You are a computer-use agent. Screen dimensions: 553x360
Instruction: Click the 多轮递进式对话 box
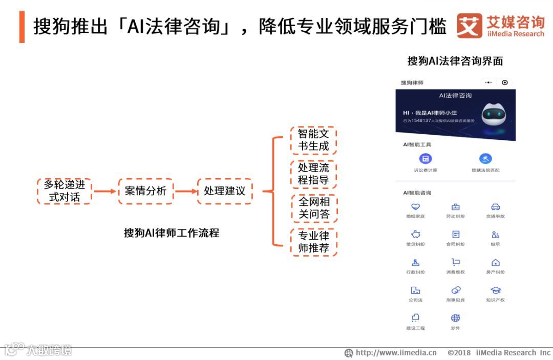[x=65, y=191]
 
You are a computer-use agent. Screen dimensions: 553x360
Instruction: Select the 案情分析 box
[x=145, y=191]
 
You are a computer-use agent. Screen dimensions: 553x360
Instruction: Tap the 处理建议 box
[x=224, y=191]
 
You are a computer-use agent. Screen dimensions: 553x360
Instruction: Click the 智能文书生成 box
[x=313, y=140]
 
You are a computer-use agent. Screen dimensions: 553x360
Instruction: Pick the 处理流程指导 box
[x=313, y=174]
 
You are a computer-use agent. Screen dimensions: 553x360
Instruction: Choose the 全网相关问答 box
[x=313, y=208]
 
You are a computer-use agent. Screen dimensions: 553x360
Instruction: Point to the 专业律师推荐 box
[x=313, y=242]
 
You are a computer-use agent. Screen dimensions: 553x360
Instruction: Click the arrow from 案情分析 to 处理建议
[x=186, y=191]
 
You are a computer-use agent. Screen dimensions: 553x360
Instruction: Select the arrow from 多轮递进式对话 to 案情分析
[x=105, y=191]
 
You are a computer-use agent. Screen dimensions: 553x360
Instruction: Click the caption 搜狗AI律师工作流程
[x=172, y=233]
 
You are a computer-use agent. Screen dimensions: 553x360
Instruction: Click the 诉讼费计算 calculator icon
[x=426, y=159]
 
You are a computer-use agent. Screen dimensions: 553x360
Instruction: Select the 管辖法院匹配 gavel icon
[x=485, y=159]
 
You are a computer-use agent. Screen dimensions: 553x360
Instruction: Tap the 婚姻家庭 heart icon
[x=415, y=207]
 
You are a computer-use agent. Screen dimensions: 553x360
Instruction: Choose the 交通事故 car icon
[x=495, y=207]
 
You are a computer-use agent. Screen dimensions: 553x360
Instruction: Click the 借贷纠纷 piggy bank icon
[x=415, y=235]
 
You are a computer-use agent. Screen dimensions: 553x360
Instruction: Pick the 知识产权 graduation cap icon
[x=495, y=290]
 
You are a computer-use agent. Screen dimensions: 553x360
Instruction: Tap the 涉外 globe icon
[x=455, y=318]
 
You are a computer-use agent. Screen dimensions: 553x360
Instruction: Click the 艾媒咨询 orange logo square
[x=470, y=26]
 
